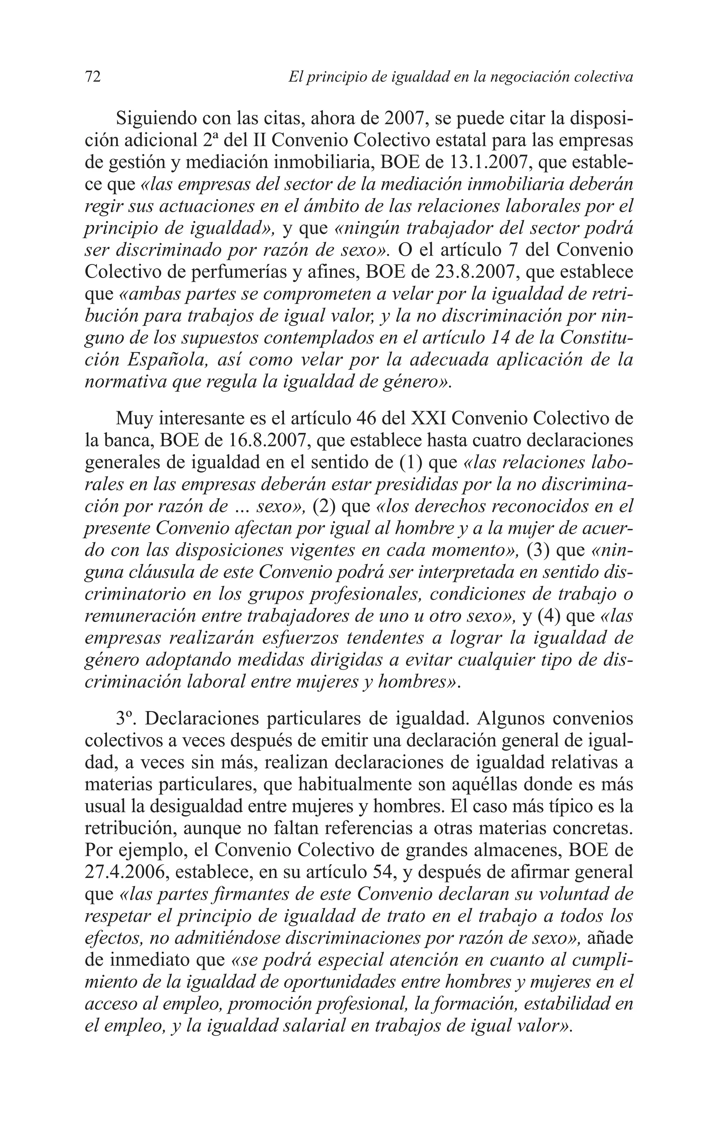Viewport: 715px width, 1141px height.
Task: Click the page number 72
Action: coord(93,77)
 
